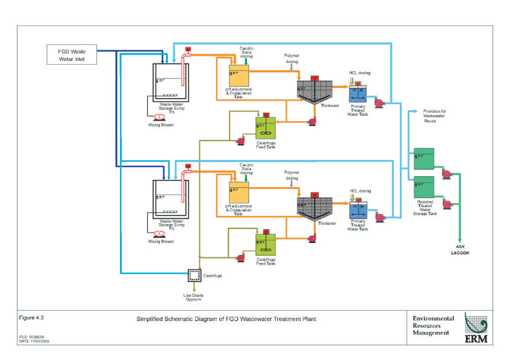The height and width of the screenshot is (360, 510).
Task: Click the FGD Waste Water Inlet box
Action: point(71,55)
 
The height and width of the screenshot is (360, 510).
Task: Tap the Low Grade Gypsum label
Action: point(194,297)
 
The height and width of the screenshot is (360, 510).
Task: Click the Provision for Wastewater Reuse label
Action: point(434,116)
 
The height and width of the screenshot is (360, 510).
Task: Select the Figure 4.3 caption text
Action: point(31,318)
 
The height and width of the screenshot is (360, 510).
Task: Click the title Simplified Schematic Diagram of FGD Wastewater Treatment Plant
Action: point(226,319)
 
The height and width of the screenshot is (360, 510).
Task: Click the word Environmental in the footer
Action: point(433,318)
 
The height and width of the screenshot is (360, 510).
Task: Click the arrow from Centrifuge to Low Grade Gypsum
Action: point(194,288)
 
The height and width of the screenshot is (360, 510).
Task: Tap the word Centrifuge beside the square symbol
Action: point(212,276)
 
